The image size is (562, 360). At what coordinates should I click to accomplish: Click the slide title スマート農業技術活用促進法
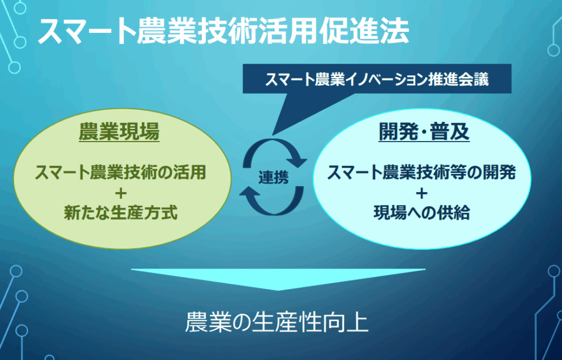point(223,31)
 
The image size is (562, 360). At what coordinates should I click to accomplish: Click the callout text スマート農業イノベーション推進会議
point(376,79)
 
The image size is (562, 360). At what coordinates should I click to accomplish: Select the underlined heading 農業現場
point(119,132)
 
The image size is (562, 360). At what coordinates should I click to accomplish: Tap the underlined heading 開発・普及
point(424,132)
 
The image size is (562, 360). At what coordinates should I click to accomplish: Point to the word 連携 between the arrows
point(273,177)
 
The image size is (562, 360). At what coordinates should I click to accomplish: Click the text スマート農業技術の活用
point(120,172)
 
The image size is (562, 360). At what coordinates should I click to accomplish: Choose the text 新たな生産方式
point(121,212)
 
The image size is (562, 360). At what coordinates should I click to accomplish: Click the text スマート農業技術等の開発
point(421,172)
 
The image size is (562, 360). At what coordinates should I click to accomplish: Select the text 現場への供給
point(421,212)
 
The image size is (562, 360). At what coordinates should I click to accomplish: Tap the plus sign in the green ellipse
point(121,193)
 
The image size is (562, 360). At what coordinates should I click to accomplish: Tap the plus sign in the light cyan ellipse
point(421,193)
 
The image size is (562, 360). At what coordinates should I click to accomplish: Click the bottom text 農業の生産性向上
point(277,322)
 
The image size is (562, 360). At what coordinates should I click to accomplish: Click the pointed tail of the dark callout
point(273,134)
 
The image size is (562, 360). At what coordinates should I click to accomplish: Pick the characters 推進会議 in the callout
point(458,79)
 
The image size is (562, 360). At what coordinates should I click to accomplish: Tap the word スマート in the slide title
point(86,31)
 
